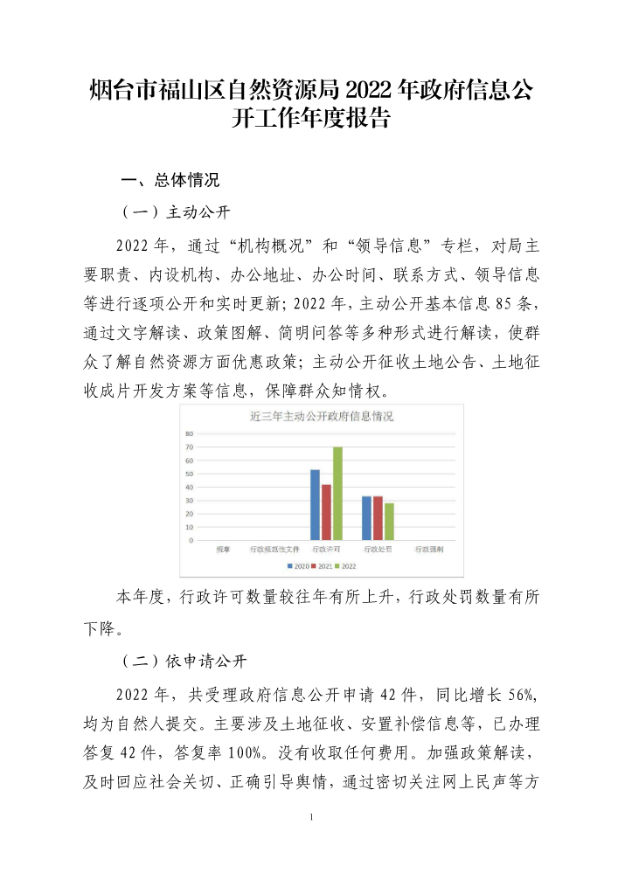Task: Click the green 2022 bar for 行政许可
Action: tap(337, 494)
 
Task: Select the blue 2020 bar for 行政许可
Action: tap(315, 505)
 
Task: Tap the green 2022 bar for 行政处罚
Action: tap(389, 522)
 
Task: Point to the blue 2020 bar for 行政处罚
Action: tap(366, 518)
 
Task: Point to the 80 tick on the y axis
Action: tap(189, 433)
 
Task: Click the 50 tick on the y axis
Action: tap(189, 474)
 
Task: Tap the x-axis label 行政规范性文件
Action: tap(274, 550)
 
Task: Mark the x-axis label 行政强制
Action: tap(429, 550)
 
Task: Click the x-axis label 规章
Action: tap(224, 550)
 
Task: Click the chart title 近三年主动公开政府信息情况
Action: tap(322, 416)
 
